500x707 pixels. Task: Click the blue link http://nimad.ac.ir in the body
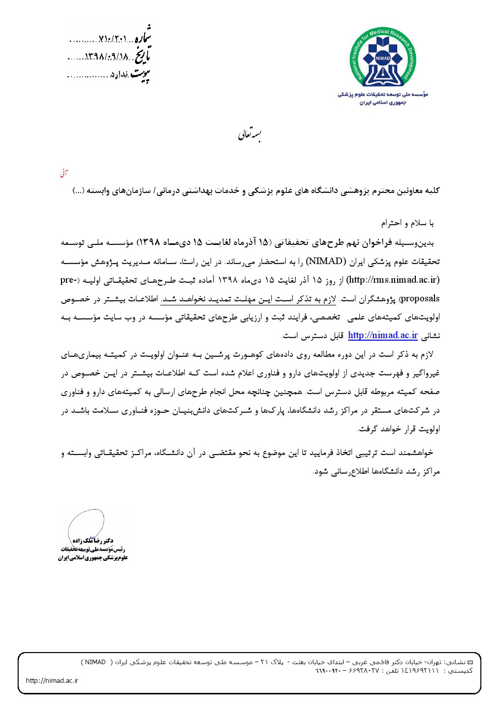point(383,336)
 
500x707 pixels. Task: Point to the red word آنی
point(64,173)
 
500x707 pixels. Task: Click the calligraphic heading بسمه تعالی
point(250,136)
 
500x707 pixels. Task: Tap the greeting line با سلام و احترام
point(407,223)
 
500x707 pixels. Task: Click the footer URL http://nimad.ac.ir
point(52,681)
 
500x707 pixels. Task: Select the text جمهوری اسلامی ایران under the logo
point(383,102)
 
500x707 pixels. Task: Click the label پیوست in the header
point(141,75)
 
